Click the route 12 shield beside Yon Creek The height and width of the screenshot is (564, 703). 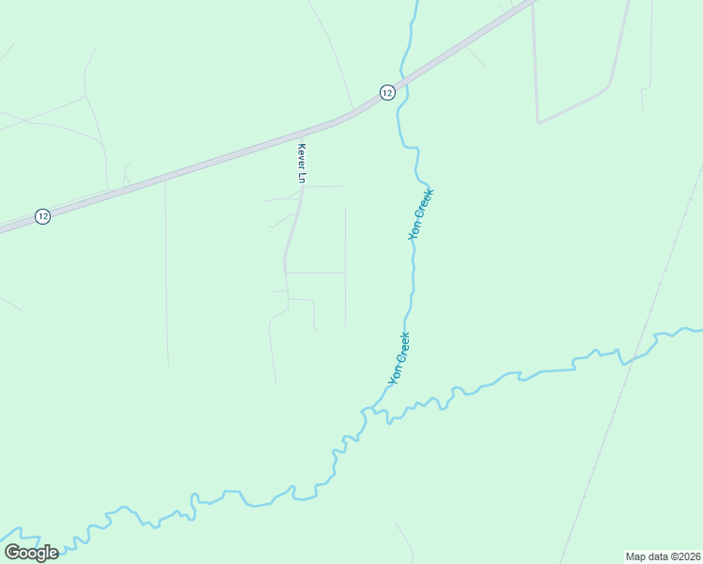(387, 91)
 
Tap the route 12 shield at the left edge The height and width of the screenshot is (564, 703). (42, 216)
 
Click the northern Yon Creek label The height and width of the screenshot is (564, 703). (421, 215)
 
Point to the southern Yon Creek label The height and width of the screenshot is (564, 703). (399, 358)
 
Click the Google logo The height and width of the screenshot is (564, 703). (31, 552)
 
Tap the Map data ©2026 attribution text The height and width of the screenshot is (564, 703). (663, 556)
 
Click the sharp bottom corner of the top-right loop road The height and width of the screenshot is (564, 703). (538, 122)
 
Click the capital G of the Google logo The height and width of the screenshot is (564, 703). (12, 552)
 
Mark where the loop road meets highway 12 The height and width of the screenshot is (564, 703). (532, 4)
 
